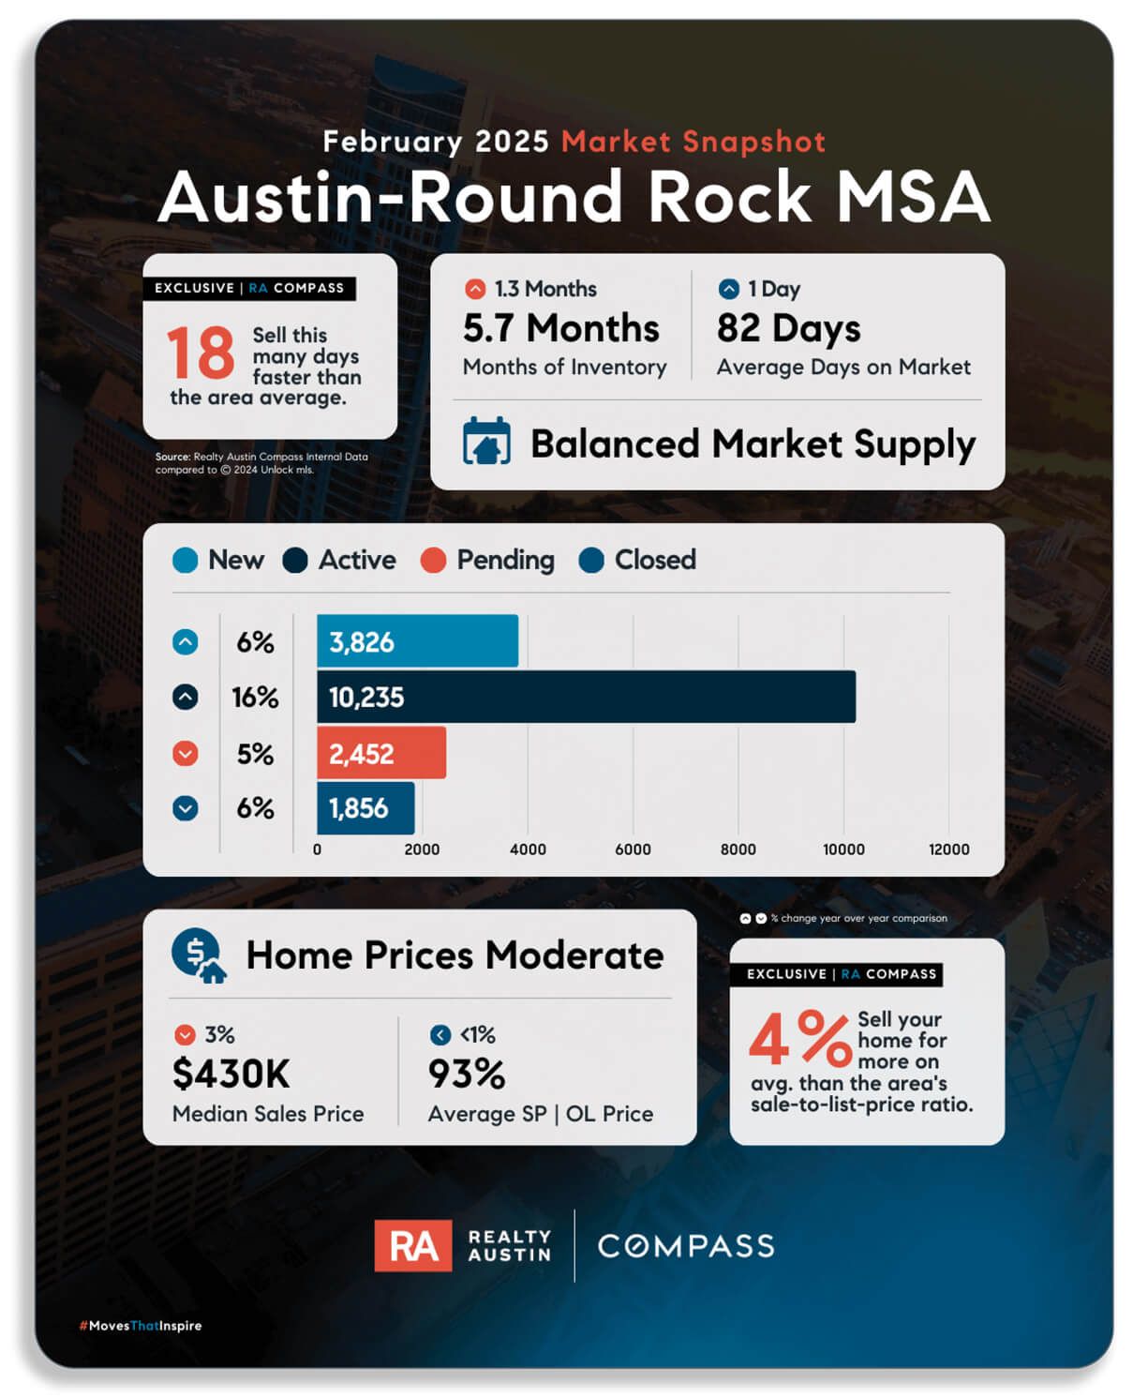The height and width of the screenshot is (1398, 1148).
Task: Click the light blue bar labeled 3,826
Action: [x=417, y=641]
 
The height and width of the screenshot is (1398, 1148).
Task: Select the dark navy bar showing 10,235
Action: [x=586, y=697]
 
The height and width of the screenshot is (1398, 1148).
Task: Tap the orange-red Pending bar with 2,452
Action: [x=381, y=753]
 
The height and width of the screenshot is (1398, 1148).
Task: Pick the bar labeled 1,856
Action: [x=365, y=808]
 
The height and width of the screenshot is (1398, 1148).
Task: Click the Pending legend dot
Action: [x=433, y=561]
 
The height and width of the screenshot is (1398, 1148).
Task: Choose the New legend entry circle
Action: [x=186, y=561]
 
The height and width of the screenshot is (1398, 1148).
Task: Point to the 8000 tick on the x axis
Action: [x=738, y=849]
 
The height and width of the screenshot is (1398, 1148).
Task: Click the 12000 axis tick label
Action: [x=948, y=849]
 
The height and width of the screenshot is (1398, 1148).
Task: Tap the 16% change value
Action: [x=255, y=698]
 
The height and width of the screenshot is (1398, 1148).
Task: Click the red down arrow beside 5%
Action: [x=186, y=754]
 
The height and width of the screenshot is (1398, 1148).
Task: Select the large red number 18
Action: [x=201, y=353]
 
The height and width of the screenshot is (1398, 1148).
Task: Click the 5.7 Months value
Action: [x=560, y=328]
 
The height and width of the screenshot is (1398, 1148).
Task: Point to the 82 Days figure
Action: [x=788, y=328]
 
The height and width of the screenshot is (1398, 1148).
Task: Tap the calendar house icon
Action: [x=486, y=442]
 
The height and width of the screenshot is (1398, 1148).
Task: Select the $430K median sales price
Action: [x=231, y=1075]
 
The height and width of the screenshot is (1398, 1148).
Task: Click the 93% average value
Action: [x=466, y=1075]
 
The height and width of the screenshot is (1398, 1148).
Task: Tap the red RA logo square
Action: [x=412, y=1246]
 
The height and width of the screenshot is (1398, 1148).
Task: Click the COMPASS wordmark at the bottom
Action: [x=686, y=1246]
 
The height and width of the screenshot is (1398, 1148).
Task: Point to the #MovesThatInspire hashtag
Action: [x=141, y=1326]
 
